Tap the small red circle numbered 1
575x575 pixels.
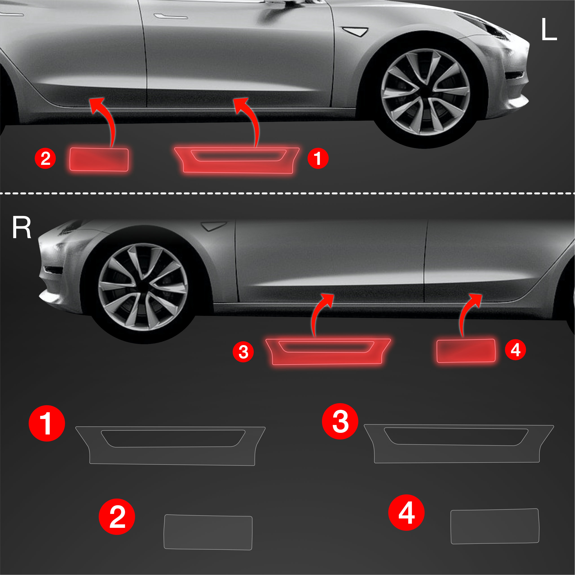pyautogui.click(x=318, y=158)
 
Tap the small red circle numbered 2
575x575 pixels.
pyautogui.click(x=45, y=158)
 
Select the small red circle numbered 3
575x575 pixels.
pyautogui.click(x=243, y=352)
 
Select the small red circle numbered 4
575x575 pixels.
pyautogui.click(x=516, y=350)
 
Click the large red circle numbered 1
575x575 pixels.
pyautogui.click(x=47, y=423)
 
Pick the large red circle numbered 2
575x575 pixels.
pyautogui.click(x=117, y=517)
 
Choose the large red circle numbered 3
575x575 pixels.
pyautogui.click(x=340, y=421)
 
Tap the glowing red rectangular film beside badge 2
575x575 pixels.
pyautogui.click(x=99, y=160)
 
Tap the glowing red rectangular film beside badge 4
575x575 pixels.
pyautogui.click(x=466, y=351)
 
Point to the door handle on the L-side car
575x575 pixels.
pyautogui.click(x=171, y=16)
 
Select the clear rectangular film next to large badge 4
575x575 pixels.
pyautogui.click(x=494, y=526)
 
